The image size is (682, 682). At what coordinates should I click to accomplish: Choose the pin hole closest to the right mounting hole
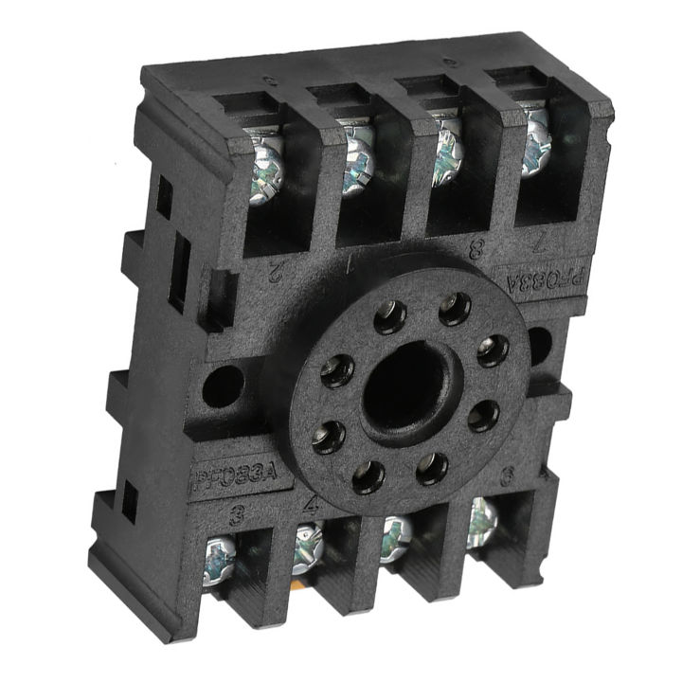point(492,350)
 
